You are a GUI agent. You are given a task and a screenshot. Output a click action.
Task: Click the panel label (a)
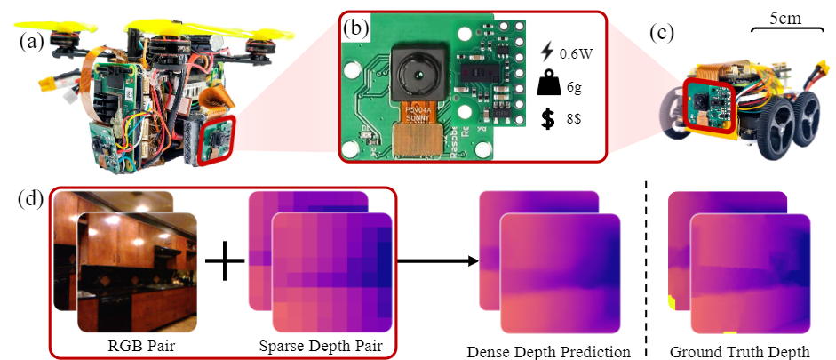click(x=32, y=42)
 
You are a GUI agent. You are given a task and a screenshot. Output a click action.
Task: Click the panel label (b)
click(x=358, y=28)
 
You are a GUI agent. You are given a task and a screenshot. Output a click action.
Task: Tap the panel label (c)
click(x=662, y=36)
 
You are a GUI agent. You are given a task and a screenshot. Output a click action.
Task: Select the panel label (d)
click(x=33, y=197)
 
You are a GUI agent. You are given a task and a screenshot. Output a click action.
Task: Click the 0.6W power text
click(x=575, y=54)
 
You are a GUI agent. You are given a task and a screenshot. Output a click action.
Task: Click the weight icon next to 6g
click(x=548, y=85)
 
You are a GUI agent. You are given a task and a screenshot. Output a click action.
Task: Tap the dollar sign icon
click(x=548, y=117)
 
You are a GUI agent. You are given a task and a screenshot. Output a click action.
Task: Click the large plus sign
click(x=225, y=263)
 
